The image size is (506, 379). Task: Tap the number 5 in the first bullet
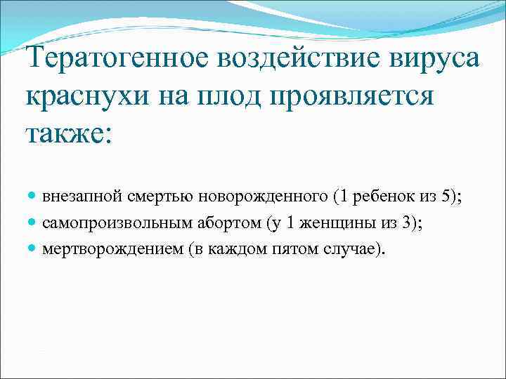[x=447, y=197]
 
